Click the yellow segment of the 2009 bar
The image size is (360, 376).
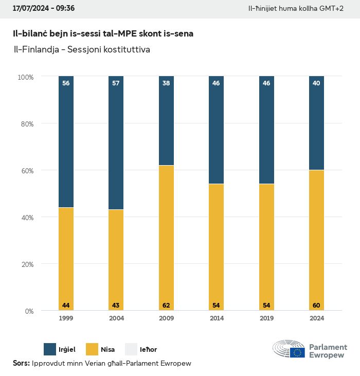[166, 237]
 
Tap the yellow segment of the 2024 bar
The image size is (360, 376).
[316, 239]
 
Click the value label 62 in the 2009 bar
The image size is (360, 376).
[166, 306]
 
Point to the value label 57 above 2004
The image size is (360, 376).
[116, 83]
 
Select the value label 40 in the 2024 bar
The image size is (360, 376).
[316, 83]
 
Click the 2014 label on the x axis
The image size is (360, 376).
[216, 318]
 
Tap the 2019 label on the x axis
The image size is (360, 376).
[266, 318]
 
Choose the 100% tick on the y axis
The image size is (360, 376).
[25, 77]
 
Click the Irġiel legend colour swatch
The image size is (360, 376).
[50, 349]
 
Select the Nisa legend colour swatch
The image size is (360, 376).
[91, 349]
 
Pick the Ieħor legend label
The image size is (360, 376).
[148, 350]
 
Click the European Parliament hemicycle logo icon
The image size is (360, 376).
[289, 349]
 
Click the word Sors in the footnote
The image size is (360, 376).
[21, 364]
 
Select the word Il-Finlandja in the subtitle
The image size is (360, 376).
[34, 50]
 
